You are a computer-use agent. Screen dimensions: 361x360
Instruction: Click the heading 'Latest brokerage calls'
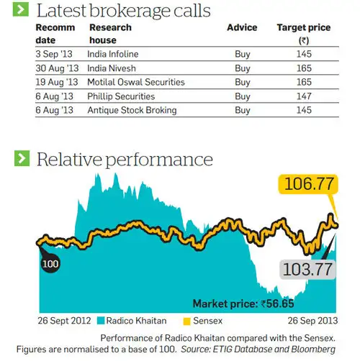pos(123,11)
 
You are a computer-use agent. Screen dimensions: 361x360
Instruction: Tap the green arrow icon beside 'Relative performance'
pos(23,158)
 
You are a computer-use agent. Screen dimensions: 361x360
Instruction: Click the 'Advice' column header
pos(242,27)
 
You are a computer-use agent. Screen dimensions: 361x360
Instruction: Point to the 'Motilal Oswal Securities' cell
pos(136,82)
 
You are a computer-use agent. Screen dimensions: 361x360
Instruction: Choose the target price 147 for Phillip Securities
pos(303,96)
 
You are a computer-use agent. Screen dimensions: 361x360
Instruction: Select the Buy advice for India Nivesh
pos(243,68)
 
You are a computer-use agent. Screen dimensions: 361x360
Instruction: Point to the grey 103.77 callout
pos(307,270)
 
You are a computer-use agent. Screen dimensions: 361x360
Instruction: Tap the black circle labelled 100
pos(50,264)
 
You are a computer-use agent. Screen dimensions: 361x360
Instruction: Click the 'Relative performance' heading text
pos(125,158)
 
